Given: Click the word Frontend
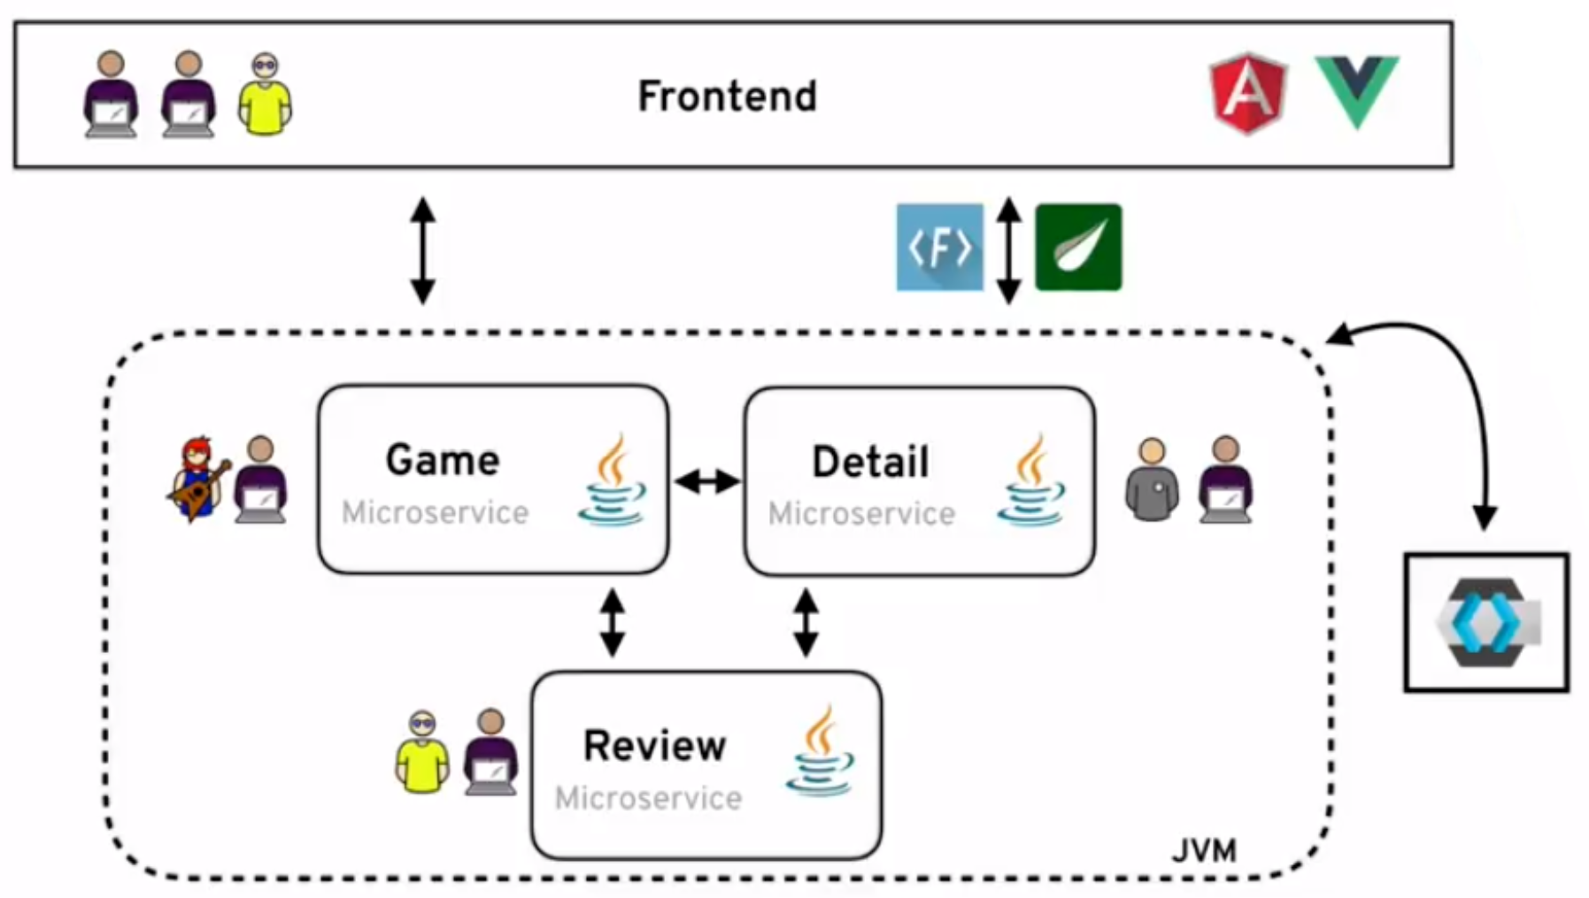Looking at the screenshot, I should tap(727, 96).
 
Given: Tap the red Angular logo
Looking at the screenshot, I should tap(1247, 93).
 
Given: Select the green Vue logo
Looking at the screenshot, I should tap(1356, 91).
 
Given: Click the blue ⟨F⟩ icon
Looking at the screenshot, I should tap(939, 248).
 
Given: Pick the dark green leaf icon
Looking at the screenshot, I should tap(1078, 248).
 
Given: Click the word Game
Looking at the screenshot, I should tap(443, 460).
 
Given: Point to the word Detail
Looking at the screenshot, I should tap(870, 462).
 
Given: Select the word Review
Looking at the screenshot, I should tap(654, 746).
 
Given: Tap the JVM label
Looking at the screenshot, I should tap(1204, 851).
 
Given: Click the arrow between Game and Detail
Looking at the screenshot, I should tap(706, 481).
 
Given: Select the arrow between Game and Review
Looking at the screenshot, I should tap(613, 622).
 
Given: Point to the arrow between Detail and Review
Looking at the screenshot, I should tap(806, 622).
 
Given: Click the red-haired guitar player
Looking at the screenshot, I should tap(198, 480).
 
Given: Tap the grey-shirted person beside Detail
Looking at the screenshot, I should tap(1152, 480).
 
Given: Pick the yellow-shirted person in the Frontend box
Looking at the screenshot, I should tap(265, 94).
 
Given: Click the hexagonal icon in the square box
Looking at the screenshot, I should tap(1486, 622).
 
